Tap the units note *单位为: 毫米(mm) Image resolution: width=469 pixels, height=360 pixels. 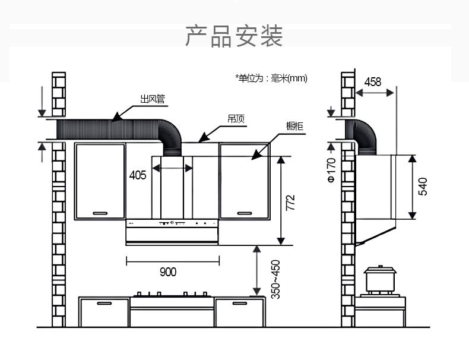(x=271, y=78)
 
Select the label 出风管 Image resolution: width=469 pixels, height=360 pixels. (x=152, y=100)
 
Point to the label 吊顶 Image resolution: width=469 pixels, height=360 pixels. (x=236, y=119)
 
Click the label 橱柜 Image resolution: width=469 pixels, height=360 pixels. (x=294, y=127)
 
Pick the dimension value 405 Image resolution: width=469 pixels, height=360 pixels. (x=137, y=175)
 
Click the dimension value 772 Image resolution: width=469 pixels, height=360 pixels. (x=290, y=203)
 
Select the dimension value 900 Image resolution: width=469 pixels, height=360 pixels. (x=168, y=272)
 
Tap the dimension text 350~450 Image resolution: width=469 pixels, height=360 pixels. (x=275, y=279)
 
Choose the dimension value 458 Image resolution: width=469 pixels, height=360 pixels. (x=372, y=82)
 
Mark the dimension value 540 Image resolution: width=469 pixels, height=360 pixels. (x=423, y=186)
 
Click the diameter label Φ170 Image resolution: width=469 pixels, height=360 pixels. (x=331, y=170)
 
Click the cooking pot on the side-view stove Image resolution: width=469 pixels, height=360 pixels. (x=381, y=277)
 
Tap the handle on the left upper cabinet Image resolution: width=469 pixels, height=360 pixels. (x=100, y=212)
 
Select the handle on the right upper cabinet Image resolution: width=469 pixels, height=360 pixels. (x=245, y=212)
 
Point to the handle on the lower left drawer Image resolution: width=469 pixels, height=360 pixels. (x=104, y=303)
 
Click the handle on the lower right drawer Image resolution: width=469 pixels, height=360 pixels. (x=239, y=303)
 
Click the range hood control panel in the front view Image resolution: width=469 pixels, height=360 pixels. (x=172, y=224)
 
